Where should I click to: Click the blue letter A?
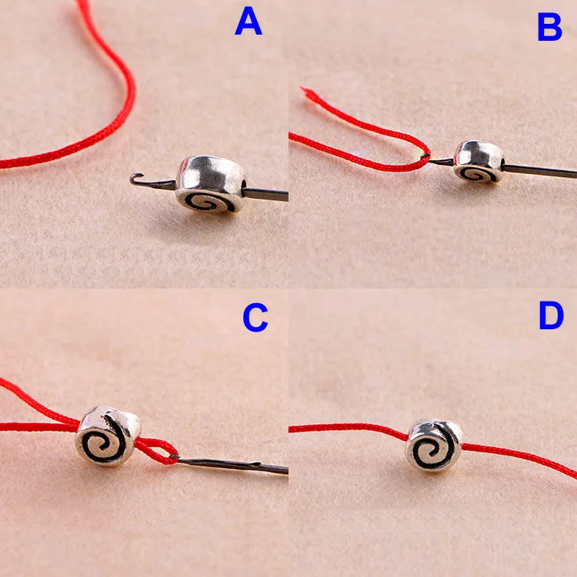248,22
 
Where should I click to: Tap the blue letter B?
550,27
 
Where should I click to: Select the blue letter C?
255,317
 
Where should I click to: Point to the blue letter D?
552,315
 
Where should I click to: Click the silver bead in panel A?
211,185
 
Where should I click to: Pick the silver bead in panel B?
479,162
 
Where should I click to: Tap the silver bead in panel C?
108,435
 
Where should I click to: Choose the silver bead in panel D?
434,445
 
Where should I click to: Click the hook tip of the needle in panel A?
133,178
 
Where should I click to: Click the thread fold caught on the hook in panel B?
426,158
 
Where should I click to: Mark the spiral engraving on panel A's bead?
209,202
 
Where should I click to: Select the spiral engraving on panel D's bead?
431,450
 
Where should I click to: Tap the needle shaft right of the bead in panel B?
540,171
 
